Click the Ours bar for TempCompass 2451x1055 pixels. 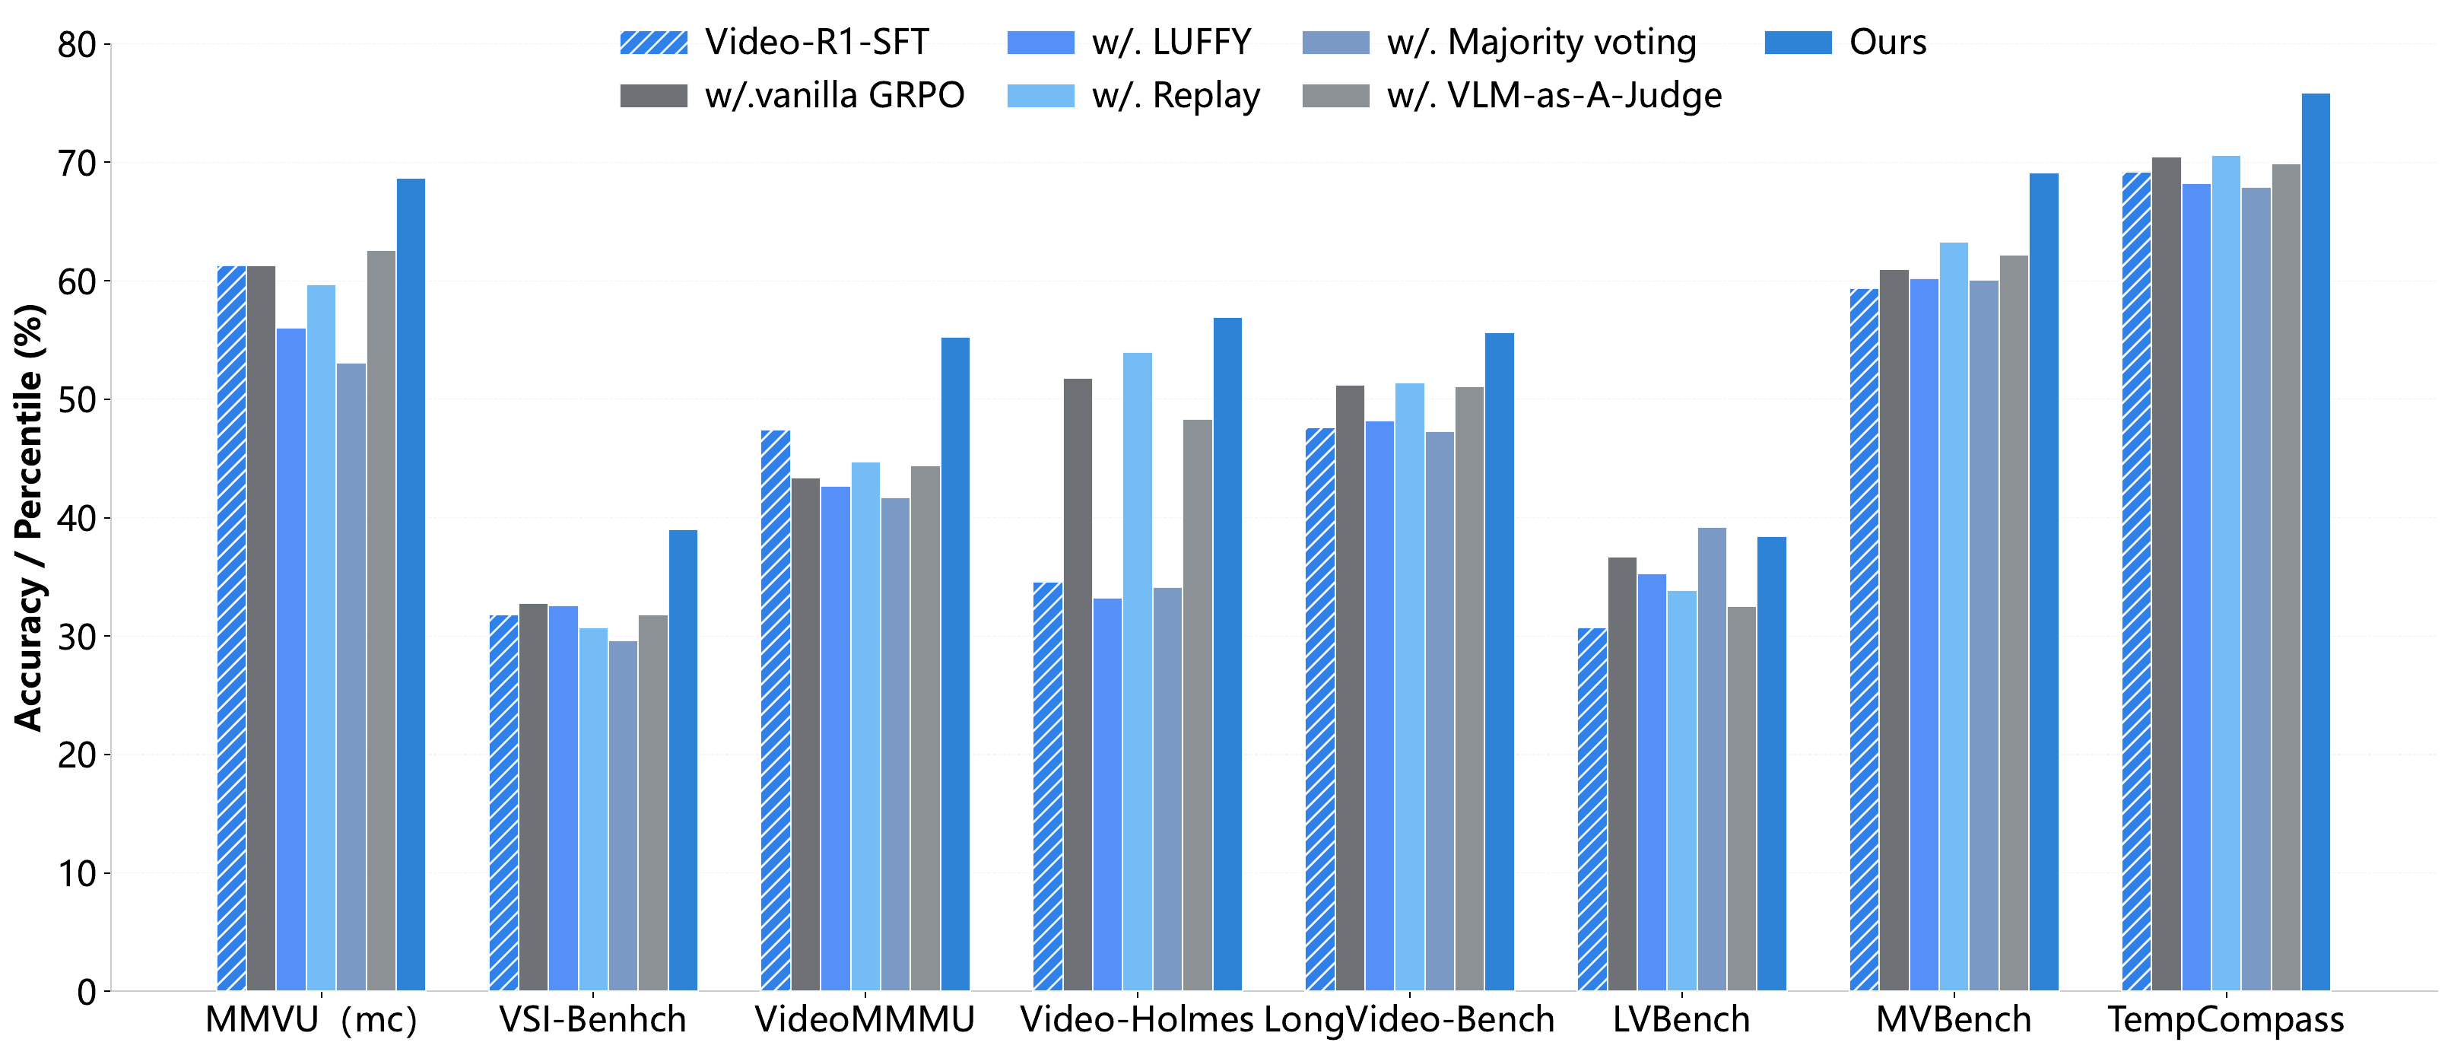click(2315, 542)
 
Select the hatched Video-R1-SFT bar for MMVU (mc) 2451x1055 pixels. click(231, 628)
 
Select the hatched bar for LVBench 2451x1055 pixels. click(1592, 809)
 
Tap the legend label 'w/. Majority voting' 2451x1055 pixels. click(1541, 43)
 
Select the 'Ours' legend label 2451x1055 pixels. click(1887, 43)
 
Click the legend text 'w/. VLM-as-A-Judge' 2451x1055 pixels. click(1554, 96)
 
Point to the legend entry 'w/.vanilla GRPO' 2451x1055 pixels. click(834, 96)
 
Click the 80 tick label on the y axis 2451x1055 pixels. click(77, 45)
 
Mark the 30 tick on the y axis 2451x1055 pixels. click(77, 637)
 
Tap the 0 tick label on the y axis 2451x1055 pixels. click(87, 992)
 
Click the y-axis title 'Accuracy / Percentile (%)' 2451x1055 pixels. click(29, 519)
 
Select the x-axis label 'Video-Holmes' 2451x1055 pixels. click(1137, 1020)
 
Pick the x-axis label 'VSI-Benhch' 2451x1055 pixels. click(592, 1020)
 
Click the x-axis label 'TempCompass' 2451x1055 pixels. click(2225, 1020)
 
